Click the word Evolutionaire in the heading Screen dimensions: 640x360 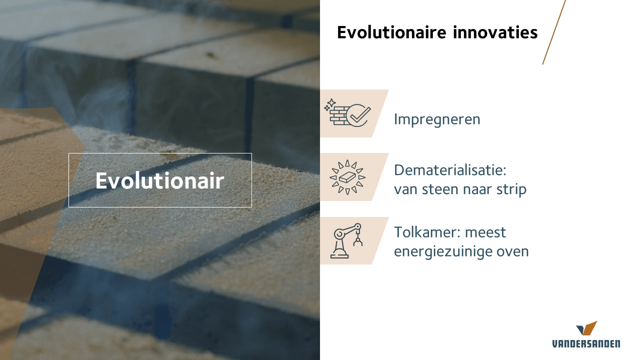click(391, 32)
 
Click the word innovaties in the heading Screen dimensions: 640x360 click(495, 32)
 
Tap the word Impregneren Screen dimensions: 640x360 click(437, 120)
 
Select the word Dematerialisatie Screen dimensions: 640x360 click(448, 170)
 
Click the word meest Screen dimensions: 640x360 click(485, 233)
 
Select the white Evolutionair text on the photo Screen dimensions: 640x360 click(159, 180)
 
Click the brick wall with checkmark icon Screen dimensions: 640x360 click(347, 113)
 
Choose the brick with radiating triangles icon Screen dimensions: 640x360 click(347, 177)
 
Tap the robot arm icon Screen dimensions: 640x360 click(346, 241)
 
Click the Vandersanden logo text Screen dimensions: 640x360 click(586, 344)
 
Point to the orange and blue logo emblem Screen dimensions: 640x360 click(586, 328)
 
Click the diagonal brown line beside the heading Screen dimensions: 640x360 click(554, 32)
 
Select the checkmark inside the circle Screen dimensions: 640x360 click(360, 114)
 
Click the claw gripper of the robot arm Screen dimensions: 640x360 click(357, 240)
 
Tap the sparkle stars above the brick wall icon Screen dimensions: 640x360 click(329, 104)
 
